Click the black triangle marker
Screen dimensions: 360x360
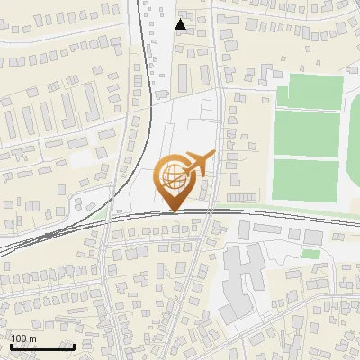point(181,24)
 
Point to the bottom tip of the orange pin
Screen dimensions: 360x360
point(175,212)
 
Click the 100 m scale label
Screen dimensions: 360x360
point(24,339)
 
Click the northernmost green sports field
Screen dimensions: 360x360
point(310,92)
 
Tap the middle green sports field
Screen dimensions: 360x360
point(307,133)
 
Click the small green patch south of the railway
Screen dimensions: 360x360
point(310,254)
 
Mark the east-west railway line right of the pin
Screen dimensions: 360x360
point(270,213)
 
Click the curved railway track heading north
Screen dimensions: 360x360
point(144,90)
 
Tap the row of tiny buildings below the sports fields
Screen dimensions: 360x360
point(241,196)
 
